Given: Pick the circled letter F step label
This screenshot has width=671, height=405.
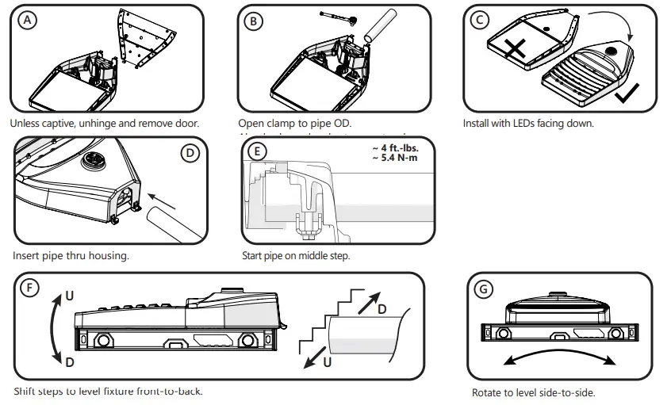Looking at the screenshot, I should [29, 288].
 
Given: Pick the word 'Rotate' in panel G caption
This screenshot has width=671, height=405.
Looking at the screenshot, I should [486, 393].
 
